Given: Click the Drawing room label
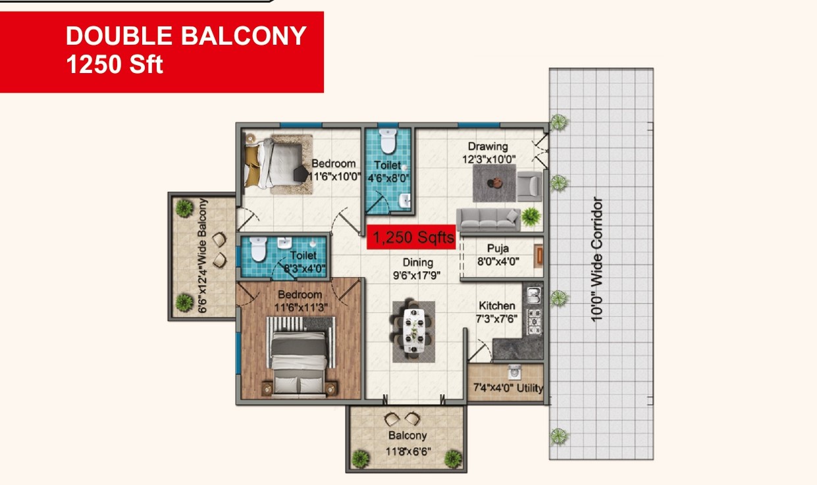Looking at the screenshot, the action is point(488,147).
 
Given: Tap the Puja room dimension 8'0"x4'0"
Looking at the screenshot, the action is point(498,261).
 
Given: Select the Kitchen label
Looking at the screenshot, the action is point(497,305).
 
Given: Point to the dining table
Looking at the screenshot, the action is point(414,331).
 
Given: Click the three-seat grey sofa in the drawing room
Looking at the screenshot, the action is point(488,220).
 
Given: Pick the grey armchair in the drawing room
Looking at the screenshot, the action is point(529,186).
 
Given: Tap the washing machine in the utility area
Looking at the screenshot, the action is point(514,372).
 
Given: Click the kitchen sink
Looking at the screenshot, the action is point(534,295).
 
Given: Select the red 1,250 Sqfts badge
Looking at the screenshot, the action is point(411,238).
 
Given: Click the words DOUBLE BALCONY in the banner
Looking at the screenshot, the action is point(186,36).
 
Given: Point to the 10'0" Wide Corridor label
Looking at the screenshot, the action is point(596,260).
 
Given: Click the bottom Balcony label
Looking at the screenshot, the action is point(408,436).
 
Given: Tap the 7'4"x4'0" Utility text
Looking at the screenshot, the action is point(508,387).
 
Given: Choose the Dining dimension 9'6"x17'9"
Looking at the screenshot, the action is point(417,275).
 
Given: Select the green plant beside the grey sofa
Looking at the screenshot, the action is point(531,217).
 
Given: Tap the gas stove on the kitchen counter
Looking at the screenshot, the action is point(535,322).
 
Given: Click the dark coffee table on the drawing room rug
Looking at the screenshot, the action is point(495,183).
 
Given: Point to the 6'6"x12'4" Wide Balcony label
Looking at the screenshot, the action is point(202,255).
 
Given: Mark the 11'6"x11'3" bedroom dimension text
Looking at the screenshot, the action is point(301,308).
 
